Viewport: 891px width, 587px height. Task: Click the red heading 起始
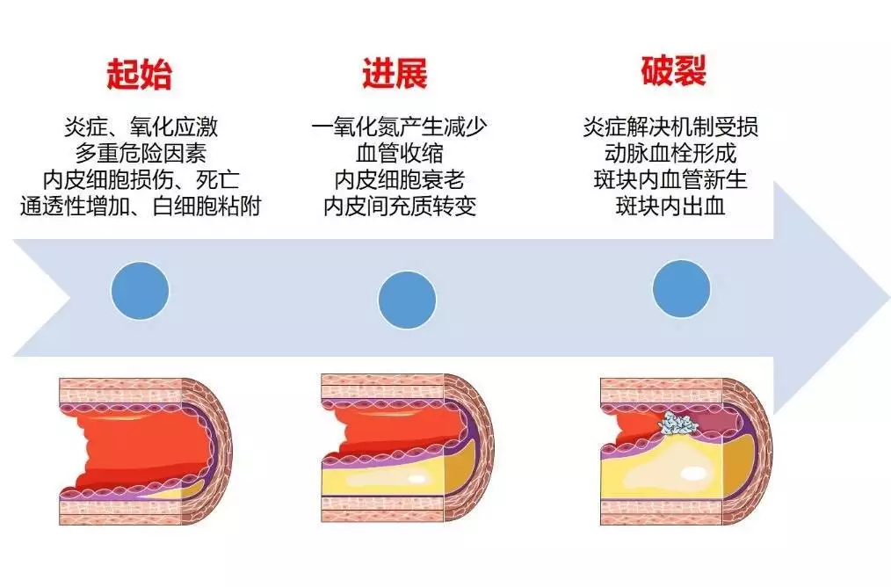point(139,74)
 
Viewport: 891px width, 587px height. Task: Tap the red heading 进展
point(395,73)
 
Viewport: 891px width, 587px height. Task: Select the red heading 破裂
point(673,70)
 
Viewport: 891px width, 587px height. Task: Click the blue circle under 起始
point(140,290)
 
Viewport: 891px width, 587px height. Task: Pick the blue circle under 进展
point(407,300)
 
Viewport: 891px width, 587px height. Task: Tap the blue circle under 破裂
point(681,289)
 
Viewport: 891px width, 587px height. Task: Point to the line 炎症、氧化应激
point(141,127)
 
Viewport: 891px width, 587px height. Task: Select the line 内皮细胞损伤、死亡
point(141,180)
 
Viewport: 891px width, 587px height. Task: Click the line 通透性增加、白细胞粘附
point(141,207)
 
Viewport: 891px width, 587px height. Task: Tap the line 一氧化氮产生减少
point(400,127)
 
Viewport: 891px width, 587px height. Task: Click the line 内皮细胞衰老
point(400,180)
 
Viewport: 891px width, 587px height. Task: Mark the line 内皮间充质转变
point(400,207)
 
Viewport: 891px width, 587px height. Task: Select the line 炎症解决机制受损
point(670,127)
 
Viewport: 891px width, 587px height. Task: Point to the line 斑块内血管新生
point(670,180)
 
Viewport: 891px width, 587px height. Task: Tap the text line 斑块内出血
point(670,207)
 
